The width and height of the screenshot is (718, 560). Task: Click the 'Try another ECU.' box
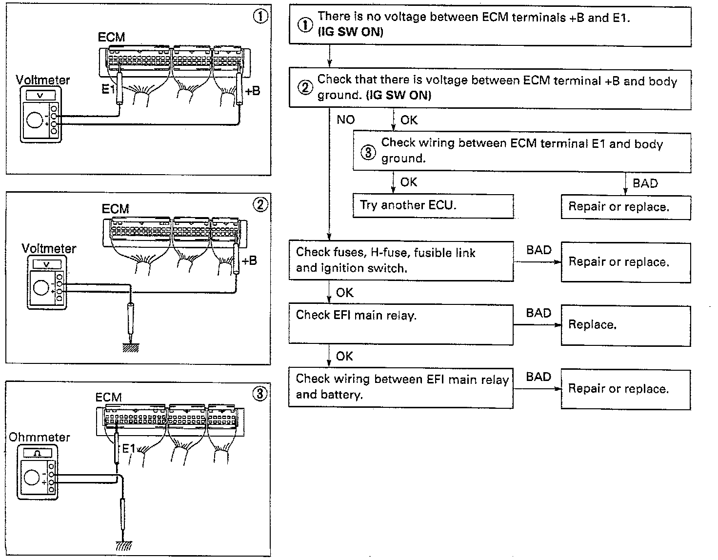click(x=433, y=206)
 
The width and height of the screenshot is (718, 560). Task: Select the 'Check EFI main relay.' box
click(x=400, y=324)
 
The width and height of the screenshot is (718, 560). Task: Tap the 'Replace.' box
click(x=625, y=326)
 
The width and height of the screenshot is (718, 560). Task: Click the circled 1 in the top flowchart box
click(x=305, y=25)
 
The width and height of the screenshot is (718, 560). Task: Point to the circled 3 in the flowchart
click(x=368, y=152)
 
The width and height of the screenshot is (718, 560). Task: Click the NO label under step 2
click(x=345, y=120)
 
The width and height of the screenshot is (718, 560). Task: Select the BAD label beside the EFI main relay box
click(x=538, y=313)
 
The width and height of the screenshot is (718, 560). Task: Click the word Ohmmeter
click(x=40, y=437)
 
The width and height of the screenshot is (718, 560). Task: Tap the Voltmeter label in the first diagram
click(x=43, y=80)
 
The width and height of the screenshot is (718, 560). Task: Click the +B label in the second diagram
click(x=249, y=260)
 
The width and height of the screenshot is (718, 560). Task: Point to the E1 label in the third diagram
click(x=128, y=448)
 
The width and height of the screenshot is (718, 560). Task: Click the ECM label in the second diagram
click(x=116, y=209)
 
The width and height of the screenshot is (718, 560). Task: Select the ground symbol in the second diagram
click(x=130, y=347)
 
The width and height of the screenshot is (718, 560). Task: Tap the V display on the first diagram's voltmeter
click(x=40, y=96)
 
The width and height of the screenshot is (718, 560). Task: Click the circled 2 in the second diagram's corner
click(x=261, y=205)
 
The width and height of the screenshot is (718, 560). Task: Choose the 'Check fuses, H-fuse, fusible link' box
click(x=400, y=260)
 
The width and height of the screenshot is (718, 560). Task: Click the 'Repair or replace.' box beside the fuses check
click(x=625, y=262)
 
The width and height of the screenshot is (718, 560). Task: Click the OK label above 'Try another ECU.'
click(x=408, y=182)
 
